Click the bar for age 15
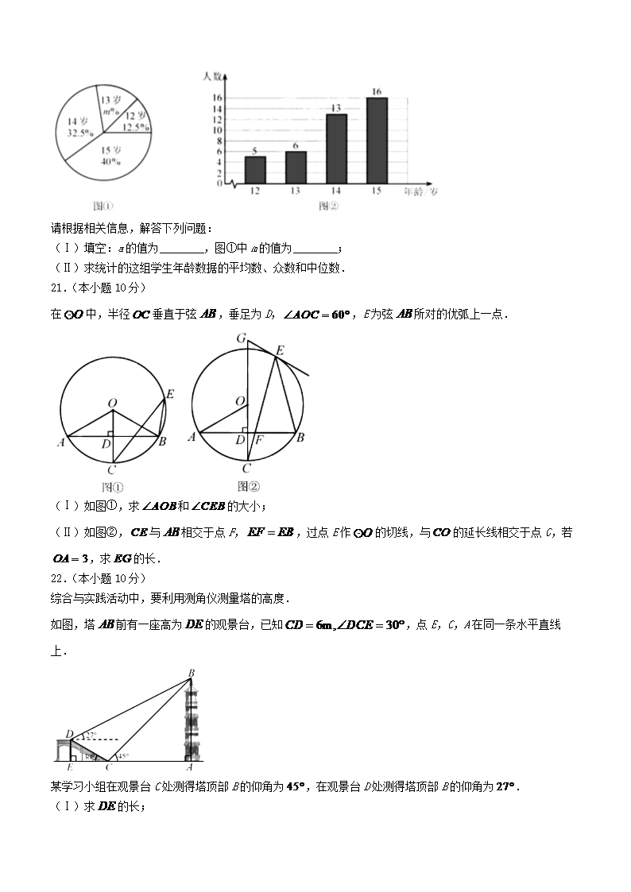pos(377,140)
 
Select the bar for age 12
pos(254,169)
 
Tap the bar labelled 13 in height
pos(336,149)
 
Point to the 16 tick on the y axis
pos(217,98)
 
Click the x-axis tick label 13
pos(296,192)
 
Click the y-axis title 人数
pos(211,76)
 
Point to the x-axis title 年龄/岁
pos(420,192)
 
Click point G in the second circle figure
pos(240,338)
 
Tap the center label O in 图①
pos(112,404)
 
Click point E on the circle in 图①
pos(170,394)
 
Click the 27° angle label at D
pos(91,736)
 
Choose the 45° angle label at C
pos(123,756)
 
